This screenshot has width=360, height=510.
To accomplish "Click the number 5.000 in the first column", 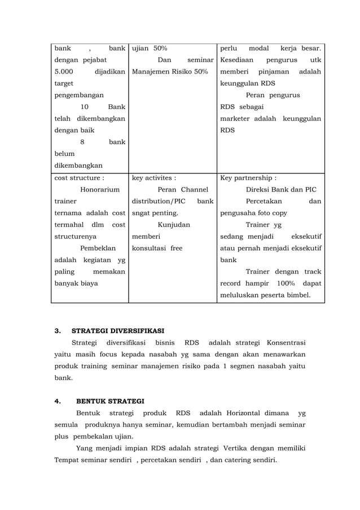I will pyautogui.click(x=64, y=72).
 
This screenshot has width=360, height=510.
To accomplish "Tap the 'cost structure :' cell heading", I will pyautogui.click(x=79, y=177).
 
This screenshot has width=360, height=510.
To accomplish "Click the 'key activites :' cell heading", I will pyautogui.click(x=153, y=177).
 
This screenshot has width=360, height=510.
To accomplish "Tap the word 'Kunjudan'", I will pyautogui.click(x=174, y=225).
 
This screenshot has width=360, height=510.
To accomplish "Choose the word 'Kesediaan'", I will pyautogui.click(x=237, y=60).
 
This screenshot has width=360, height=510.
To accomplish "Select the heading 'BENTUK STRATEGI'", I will pyautogui.click(x=110, y=402).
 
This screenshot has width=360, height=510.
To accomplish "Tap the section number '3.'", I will pyautogui.click(x=57, y=331).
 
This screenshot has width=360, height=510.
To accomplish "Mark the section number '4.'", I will pyautogui.click(x=57, y=402).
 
